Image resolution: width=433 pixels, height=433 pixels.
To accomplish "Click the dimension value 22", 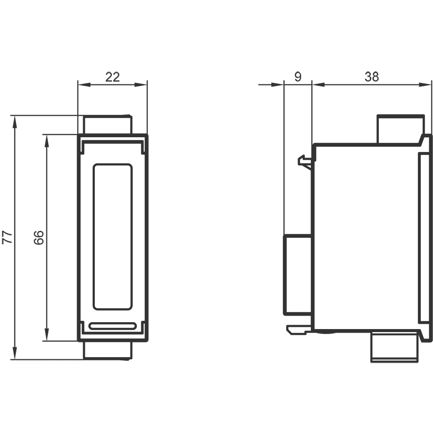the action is (x=113, y=77).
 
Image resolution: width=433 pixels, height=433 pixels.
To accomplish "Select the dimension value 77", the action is (x=7, y=237).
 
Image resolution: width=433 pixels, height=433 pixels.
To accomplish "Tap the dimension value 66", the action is (x=39, y=237).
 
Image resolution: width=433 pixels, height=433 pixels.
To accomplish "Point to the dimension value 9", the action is (x=298, y=77).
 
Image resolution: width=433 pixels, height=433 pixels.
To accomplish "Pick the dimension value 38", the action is (x=372, y=77).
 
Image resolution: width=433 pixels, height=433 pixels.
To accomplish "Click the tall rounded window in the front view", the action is (x=113, y=237).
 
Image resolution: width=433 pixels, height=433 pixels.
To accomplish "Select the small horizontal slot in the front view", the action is (x=113, y=326).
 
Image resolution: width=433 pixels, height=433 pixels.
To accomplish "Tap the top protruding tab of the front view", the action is (x=108, y=125).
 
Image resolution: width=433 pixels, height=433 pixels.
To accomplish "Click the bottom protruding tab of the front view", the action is (x=108, y=351).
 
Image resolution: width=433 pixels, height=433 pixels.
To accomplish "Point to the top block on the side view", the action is (x=401, y=129).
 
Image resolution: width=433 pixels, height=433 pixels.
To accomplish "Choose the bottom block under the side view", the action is (x=395, y=347).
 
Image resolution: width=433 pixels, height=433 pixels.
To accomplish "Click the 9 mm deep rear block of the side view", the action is (x=298, y=275).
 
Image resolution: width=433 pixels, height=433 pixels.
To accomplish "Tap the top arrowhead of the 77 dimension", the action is (x=15, y=122).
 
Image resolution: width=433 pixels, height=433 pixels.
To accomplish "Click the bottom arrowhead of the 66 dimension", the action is (x=47, y=335).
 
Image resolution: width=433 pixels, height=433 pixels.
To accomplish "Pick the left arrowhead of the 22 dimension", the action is (x=84, y=84).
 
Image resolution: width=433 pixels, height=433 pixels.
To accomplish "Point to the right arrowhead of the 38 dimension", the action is (x=425, y=84).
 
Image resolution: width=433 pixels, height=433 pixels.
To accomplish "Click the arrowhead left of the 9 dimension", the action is (x=278, y=84).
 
